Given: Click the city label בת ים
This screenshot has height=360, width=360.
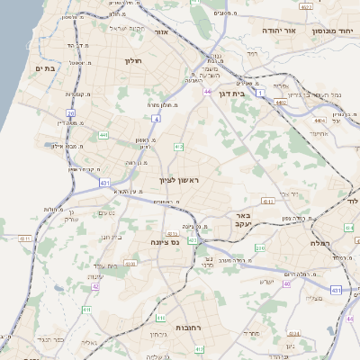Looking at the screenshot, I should click(x=45, y=67).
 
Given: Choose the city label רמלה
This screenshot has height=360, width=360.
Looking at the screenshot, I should click(x=322, y=243).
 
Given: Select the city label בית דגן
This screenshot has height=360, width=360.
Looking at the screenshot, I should click(x=233, y=92).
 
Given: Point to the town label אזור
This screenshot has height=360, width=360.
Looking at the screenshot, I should click(x=163, y=31).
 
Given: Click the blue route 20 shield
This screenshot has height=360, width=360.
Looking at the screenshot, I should click(x=70, y=113).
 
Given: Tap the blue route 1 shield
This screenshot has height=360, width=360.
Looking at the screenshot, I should click(x=261, y=93).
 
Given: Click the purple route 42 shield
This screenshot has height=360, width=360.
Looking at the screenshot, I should click(x=94, y=286).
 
